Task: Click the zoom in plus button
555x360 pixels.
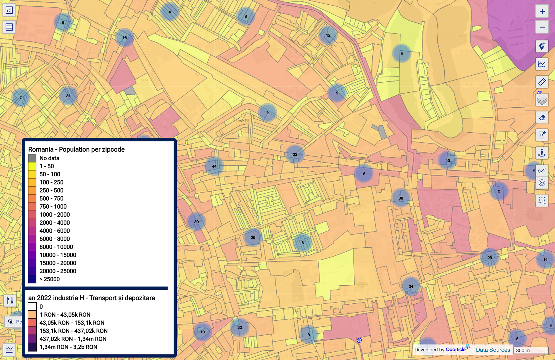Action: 542,11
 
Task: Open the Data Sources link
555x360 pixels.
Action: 493,350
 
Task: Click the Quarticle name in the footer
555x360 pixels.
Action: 456,349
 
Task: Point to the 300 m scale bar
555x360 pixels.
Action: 531,350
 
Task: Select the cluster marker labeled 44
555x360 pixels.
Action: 214,166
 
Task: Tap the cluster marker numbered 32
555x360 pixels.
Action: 295,154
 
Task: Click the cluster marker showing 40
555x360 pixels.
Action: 448,160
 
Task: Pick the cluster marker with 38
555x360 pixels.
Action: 401,198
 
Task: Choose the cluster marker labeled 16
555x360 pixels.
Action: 125,38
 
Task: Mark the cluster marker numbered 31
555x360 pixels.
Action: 68,96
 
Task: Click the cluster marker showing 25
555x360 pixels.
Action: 253,237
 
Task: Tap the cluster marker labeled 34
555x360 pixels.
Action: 411,286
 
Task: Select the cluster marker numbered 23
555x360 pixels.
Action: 239,327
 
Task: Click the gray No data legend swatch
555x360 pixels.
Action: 32,158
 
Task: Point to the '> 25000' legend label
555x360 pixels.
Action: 50,279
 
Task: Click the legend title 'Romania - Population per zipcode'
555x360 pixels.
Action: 76,149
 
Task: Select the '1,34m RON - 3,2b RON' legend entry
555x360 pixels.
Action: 68,347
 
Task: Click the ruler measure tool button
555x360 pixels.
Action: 542,82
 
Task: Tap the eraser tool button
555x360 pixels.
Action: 542,118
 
